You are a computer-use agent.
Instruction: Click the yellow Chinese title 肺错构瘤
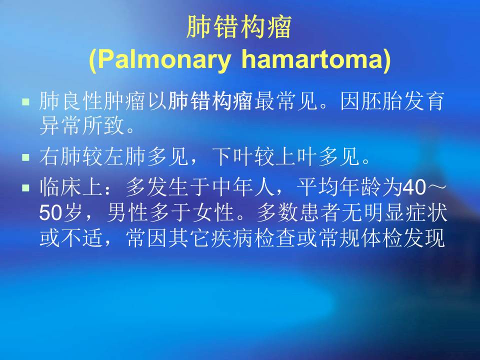click(x=239, y=27)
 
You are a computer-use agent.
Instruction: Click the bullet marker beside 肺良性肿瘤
click(x=26, y=101)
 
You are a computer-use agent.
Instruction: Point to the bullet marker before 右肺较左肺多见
click(x=26, y=157)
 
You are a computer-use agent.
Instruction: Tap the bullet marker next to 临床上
click(x=26, y=187)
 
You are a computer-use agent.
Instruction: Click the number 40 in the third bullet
click(x=414, y=187)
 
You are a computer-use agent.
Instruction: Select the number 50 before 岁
click(x=50, y=212)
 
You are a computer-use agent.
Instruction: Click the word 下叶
click(x=233, y=156)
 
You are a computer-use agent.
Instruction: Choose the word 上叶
click(x=297, y=156)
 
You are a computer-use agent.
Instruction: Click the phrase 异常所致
click(x=82, y=126)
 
